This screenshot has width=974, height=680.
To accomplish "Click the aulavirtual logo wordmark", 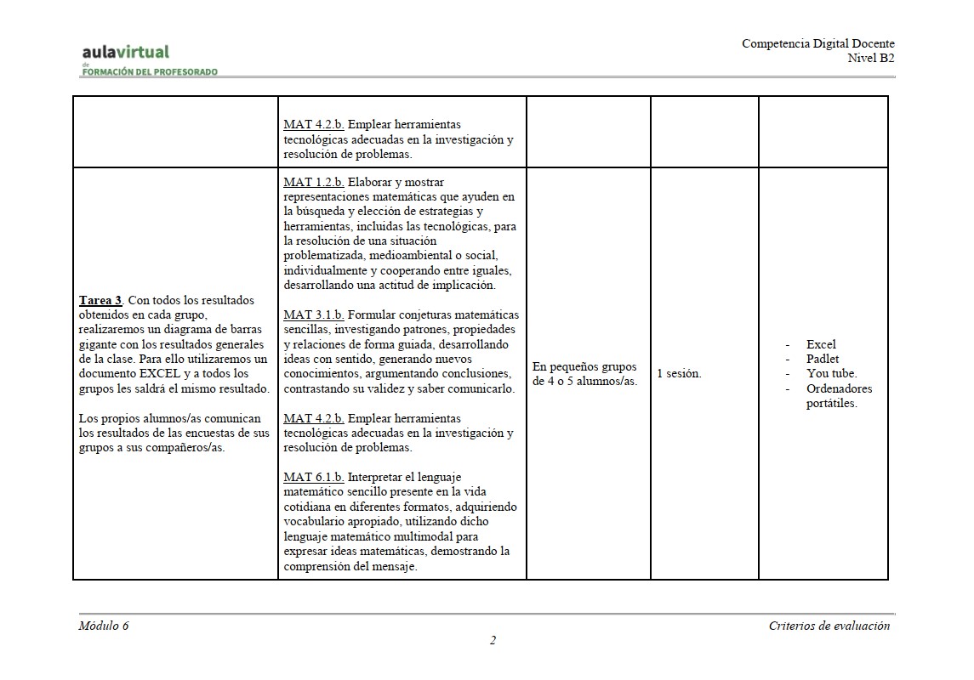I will [x=126, y=53].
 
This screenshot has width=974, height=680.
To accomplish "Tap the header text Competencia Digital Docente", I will [x=817, y=44].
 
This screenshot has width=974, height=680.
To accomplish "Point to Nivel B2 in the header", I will [x=870, y=58].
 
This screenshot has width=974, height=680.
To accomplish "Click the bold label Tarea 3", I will [x=101, y=300].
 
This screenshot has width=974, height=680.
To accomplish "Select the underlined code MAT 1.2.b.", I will [x=313, y=182].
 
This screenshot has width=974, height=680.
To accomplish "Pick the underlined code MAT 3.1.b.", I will [x=313, y=314].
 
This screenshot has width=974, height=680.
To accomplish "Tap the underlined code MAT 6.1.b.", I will [x=313, y=477].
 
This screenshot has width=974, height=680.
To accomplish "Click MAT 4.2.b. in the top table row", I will [x=313, y=124].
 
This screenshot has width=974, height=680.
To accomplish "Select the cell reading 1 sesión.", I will [x=679, y=374].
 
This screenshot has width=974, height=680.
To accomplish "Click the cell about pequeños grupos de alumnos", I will [x=584, y=374].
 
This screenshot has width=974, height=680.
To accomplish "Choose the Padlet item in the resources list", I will [x=822, y=359].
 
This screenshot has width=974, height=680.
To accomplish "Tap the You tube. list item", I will [x=831, y=374].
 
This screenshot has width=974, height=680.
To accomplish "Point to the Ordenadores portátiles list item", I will [x=838, y=396].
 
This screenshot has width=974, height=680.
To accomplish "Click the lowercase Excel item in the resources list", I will [x=821, y=344].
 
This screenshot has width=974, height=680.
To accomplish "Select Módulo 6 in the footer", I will [x=104, y=626].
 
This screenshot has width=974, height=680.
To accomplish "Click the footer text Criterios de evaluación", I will [x=829, y=626].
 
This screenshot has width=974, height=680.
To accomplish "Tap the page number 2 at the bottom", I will [x=493, y=641].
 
